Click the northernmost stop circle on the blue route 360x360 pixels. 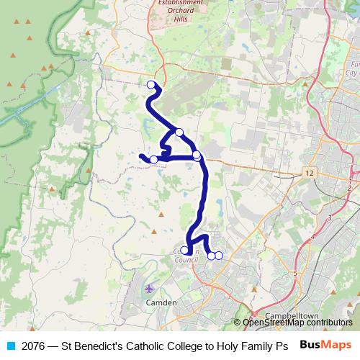(x=151, y=85)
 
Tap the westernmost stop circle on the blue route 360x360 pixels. (x=153, y=159)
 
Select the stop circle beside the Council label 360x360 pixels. (x=184, y=251)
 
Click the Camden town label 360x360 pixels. (x=161, y=303)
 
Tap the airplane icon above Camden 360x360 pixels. (x=150, y=289)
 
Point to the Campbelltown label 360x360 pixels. (x=292, y=316)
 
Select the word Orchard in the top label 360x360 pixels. (x=177, y=11)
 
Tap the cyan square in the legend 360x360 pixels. (x=9, y=346)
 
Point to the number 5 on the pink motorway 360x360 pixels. (x=295, y=273)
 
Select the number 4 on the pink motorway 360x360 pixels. (x=313, y=236)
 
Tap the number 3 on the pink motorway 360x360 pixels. (x=329, y=217)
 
